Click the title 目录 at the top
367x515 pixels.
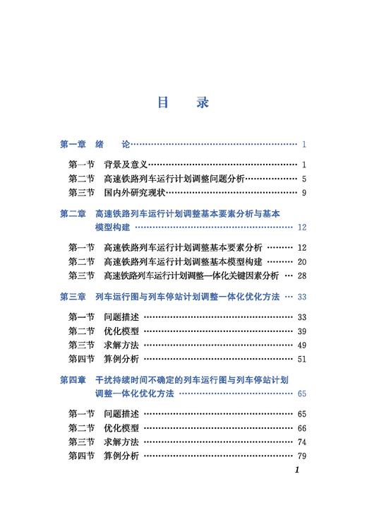tap(183, 102)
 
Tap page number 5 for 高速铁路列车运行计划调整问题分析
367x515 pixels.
tap(303, 179)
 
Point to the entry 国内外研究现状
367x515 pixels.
tap(134, 192)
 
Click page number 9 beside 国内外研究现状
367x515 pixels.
tap(303, 192)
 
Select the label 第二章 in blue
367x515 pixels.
tap(73, 214)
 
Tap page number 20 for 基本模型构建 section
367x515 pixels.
tap(301, 261)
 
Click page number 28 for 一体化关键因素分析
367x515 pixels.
tap(301, 275)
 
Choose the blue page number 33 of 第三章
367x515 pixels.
tap(301, 297)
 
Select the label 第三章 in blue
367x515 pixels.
tap(73, 297)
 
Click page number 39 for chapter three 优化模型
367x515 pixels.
tap(301, 331)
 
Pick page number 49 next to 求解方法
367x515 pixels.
tap(301, 345)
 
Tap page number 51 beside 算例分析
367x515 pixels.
tap(301, 359)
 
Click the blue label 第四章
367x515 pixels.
tap(73, 380)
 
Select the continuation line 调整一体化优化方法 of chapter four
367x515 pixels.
tap(134, 393)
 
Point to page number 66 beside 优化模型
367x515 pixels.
tap(301, 428)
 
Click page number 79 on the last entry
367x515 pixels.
tap(301, 456)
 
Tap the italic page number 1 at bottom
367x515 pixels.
tap(297, 470)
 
